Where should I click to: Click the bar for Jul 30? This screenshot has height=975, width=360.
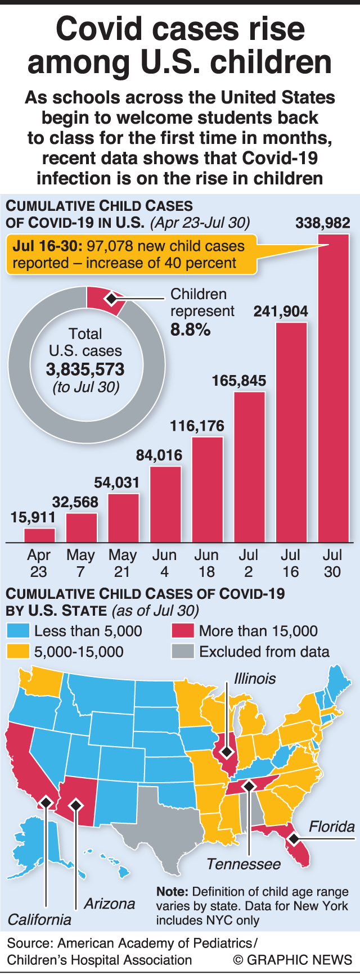coord(334,388)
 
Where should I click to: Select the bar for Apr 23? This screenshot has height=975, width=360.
coord(39,535)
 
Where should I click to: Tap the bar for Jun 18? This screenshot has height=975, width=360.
coord(207,489)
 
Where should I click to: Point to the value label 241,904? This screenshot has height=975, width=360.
coord(281,311)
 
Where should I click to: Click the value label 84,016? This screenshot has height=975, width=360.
coord(159,455)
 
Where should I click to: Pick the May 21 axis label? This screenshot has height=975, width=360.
coord(123,563)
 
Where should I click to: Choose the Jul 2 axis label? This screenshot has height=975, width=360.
coord(249,563)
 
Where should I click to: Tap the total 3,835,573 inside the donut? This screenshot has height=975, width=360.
coord(85,369)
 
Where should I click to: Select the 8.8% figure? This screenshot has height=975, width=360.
coord(191,329)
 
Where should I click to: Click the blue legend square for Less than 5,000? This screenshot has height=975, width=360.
coord(17,631)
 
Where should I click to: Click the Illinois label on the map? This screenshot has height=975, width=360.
coord(255,678)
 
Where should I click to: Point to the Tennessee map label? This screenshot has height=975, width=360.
coord(243,864)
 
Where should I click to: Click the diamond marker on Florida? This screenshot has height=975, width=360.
coord(293,839)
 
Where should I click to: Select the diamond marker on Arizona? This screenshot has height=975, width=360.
coord(75,805)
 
